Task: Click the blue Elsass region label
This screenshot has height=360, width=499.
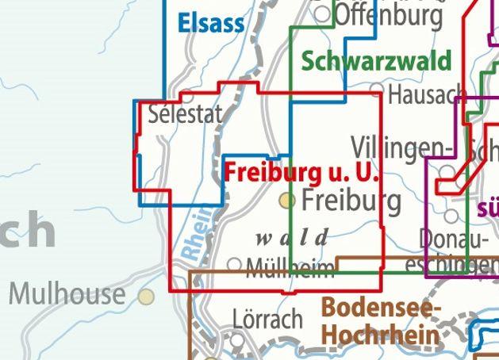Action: click(211, 22)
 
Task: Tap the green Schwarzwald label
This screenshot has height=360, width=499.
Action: click(376, 61)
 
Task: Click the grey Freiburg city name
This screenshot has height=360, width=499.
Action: click(351, 200)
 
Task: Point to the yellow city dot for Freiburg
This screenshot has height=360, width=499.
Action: click(287, 201)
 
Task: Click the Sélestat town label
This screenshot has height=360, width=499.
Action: click(186, 115)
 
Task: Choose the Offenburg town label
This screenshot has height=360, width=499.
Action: click(389, 15)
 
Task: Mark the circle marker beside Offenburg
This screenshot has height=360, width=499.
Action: click(322, 13)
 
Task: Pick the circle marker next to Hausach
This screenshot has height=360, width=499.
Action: click(377, 92)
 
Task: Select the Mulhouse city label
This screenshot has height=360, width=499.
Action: click(67, 295)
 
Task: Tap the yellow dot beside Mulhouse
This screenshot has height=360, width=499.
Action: click(146, 297)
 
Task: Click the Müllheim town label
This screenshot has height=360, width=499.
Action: click(290, 269)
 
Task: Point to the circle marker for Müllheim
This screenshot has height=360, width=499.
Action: click(235, 264)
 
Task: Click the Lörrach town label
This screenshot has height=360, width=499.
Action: click(268, 319)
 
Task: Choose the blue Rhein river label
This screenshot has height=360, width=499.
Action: click(195, 233)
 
